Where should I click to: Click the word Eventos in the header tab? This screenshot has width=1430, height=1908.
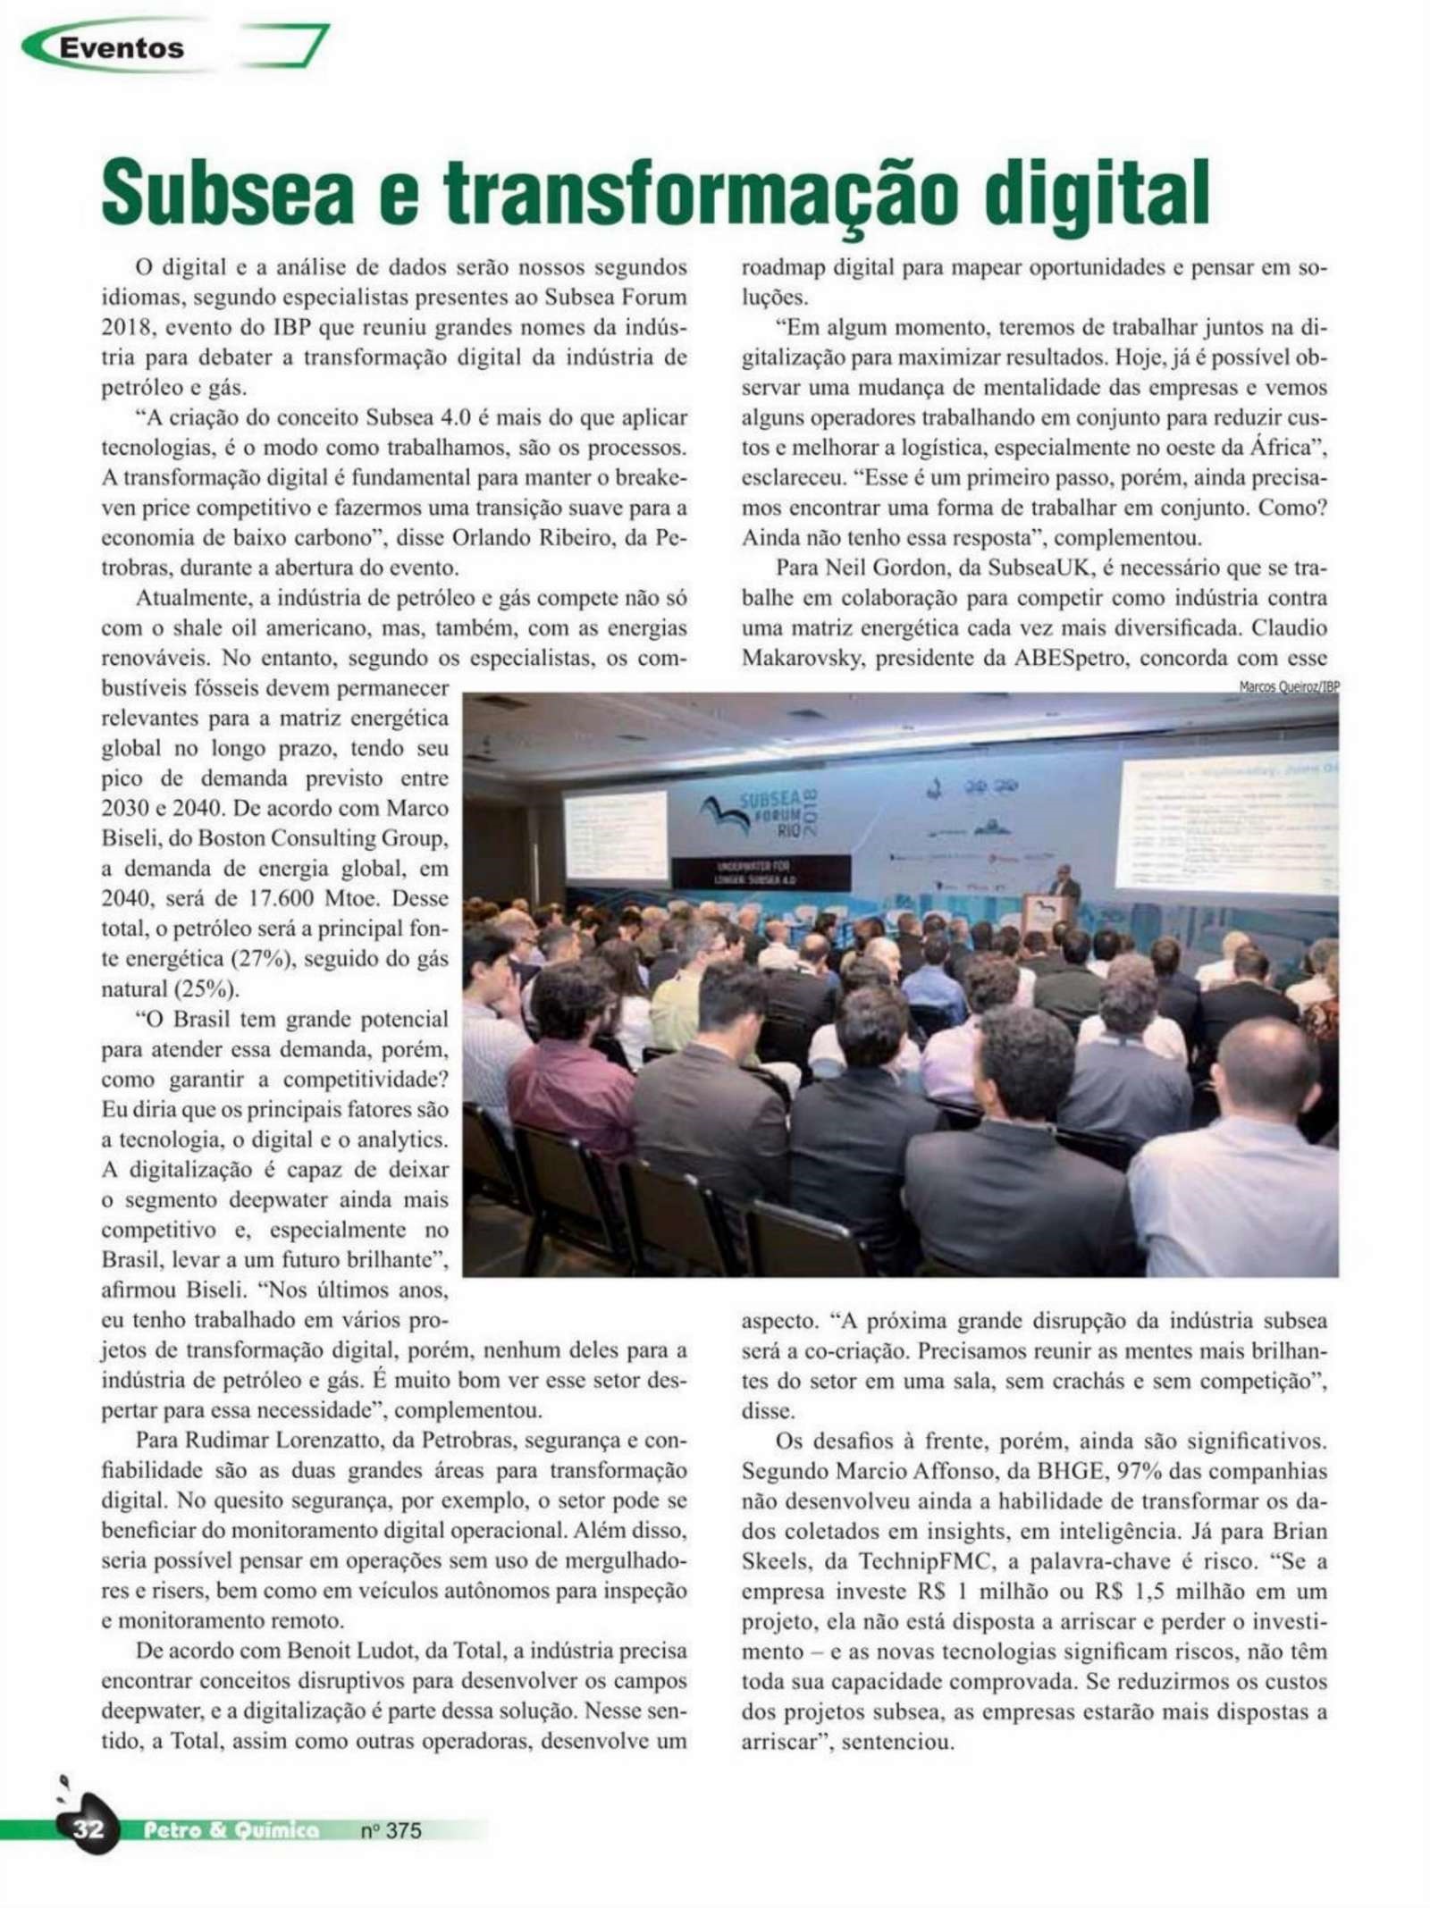pyautogui.click(x=122, y=47)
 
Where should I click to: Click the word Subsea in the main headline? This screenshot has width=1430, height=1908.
pyautogui.click(x=227, y=192)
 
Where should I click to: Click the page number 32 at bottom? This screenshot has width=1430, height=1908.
pyautogui.click(x=88, y=1829)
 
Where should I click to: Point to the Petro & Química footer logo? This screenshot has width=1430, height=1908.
pyautogui.click(x=231, y=1830)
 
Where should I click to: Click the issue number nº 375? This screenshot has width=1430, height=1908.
pyautogui.click(x=391, y=1830)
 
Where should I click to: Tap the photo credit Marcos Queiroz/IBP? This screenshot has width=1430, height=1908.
pyautogui.click(x=1288, y=686)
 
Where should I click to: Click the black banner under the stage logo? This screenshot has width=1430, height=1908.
pyautogui.click(x=760, y=872)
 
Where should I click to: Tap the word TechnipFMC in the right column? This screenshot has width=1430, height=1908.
pyautogui.click(x=926, y=1561)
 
